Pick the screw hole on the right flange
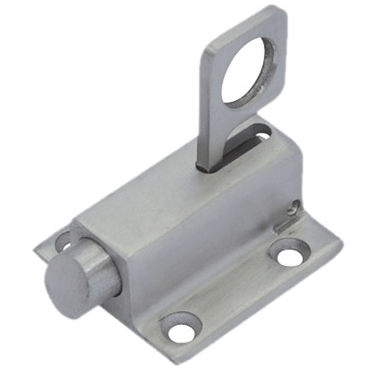[x=291, y=251]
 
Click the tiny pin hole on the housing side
[x=294, y=208]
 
